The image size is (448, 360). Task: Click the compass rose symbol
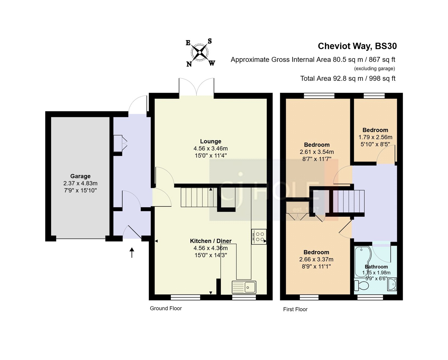200,52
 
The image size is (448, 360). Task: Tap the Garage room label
80,176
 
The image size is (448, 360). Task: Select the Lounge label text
211,141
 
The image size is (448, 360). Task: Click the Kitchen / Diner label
211,241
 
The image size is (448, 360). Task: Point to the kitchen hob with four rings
259,237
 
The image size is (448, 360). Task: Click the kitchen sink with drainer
244,287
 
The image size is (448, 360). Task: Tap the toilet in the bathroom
361,286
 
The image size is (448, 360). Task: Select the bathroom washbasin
392,285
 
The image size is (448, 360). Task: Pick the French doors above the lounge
197,87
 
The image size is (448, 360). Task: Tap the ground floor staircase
199,197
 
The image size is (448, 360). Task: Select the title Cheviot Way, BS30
357,46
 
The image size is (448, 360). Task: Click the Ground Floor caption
166,308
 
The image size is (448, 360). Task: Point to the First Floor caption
295,309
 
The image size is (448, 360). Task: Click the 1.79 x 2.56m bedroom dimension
375,137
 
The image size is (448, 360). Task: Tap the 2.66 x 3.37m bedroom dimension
316,260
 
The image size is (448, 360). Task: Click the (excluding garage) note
374,69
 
